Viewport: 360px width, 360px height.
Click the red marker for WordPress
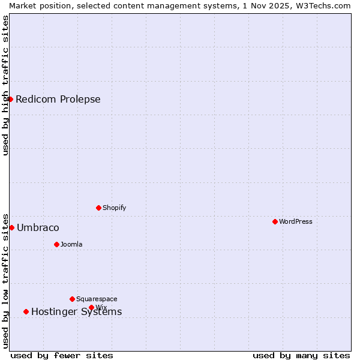tap(275, 221)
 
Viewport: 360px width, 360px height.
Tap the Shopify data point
tap(98, 208)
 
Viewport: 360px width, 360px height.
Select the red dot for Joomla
tap(56, 244)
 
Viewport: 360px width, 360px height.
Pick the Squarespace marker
tap(72, 299)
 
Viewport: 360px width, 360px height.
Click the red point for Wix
tap(91, 307)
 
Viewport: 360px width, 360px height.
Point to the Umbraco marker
tap(11, 227)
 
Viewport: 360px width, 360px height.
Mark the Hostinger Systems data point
tap(26, 311)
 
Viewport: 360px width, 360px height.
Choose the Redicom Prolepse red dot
tap(10, 99)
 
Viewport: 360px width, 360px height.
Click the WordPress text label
tap(296, 221)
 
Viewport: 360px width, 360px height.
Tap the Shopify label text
tap(115, 208)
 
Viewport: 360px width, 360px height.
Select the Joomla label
tap(71, 244)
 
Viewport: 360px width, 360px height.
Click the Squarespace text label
tap(97, 299)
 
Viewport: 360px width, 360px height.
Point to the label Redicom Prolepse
tap(58, 100)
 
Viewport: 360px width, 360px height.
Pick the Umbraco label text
tap(38, 228)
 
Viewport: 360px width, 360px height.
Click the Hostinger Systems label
tap(76, 312)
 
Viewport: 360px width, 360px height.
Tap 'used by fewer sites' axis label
tap(62, 355)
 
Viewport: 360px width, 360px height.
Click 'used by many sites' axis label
tap(301, 355)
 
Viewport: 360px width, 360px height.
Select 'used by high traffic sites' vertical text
tap(5, 85)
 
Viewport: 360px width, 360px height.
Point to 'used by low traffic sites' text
tap(5, 280)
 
